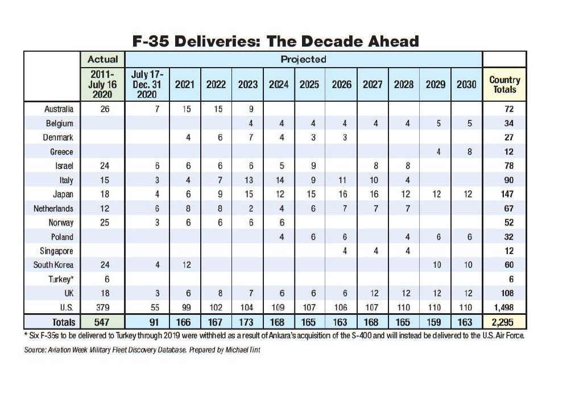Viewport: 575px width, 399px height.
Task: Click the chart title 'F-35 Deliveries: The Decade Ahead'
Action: (x=275, y=41)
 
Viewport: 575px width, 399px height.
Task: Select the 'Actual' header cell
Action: (x=103, y=59)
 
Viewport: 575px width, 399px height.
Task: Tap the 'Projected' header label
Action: (x=303, y=59)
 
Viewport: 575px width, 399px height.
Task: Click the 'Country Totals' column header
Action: (x=504, y=85)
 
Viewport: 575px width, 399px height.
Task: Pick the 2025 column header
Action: (x=309, y=85)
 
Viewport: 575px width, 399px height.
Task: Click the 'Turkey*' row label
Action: (x=61, y=279)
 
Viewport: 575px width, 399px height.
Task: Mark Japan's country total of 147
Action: (x=508, y=194)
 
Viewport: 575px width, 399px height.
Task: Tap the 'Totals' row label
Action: (x=63, y=322)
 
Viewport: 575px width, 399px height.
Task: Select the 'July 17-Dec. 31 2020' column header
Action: (x=147, y=85)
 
